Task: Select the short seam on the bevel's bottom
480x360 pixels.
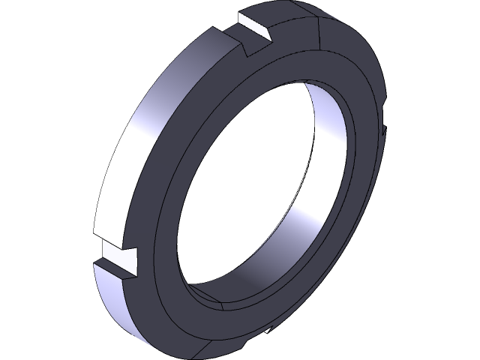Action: click(226, 307)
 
